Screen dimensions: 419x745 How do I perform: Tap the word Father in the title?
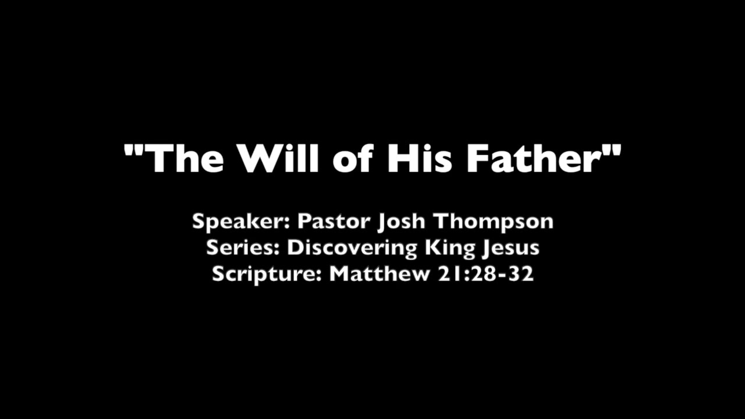point(533,158)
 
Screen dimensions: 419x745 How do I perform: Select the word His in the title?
point(419,158)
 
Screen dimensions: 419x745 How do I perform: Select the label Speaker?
point(241,222)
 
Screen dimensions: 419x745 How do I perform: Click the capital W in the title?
point(258,158)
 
